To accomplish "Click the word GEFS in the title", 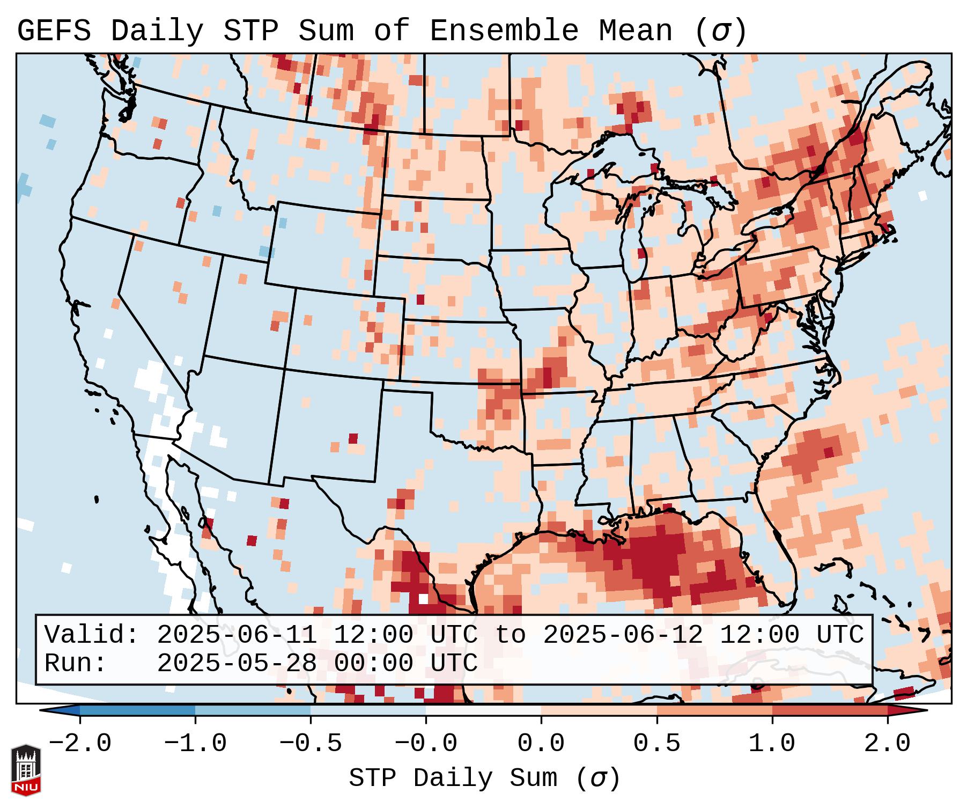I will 54,31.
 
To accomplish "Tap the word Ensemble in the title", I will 504,31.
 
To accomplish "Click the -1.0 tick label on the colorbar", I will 195,744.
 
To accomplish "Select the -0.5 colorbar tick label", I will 310,744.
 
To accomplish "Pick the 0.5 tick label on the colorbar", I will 656,744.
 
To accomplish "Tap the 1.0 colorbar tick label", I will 772,744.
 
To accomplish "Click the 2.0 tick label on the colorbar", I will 887,744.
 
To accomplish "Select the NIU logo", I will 26,769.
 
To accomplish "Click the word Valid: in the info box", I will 92,635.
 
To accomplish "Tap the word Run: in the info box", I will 75,663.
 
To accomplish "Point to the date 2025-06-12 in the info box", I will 623,635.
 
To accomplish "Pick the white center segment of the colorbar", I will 483,710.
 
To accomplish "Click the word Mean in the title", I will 635,31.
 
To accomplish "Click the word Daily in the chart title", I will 157,31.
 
